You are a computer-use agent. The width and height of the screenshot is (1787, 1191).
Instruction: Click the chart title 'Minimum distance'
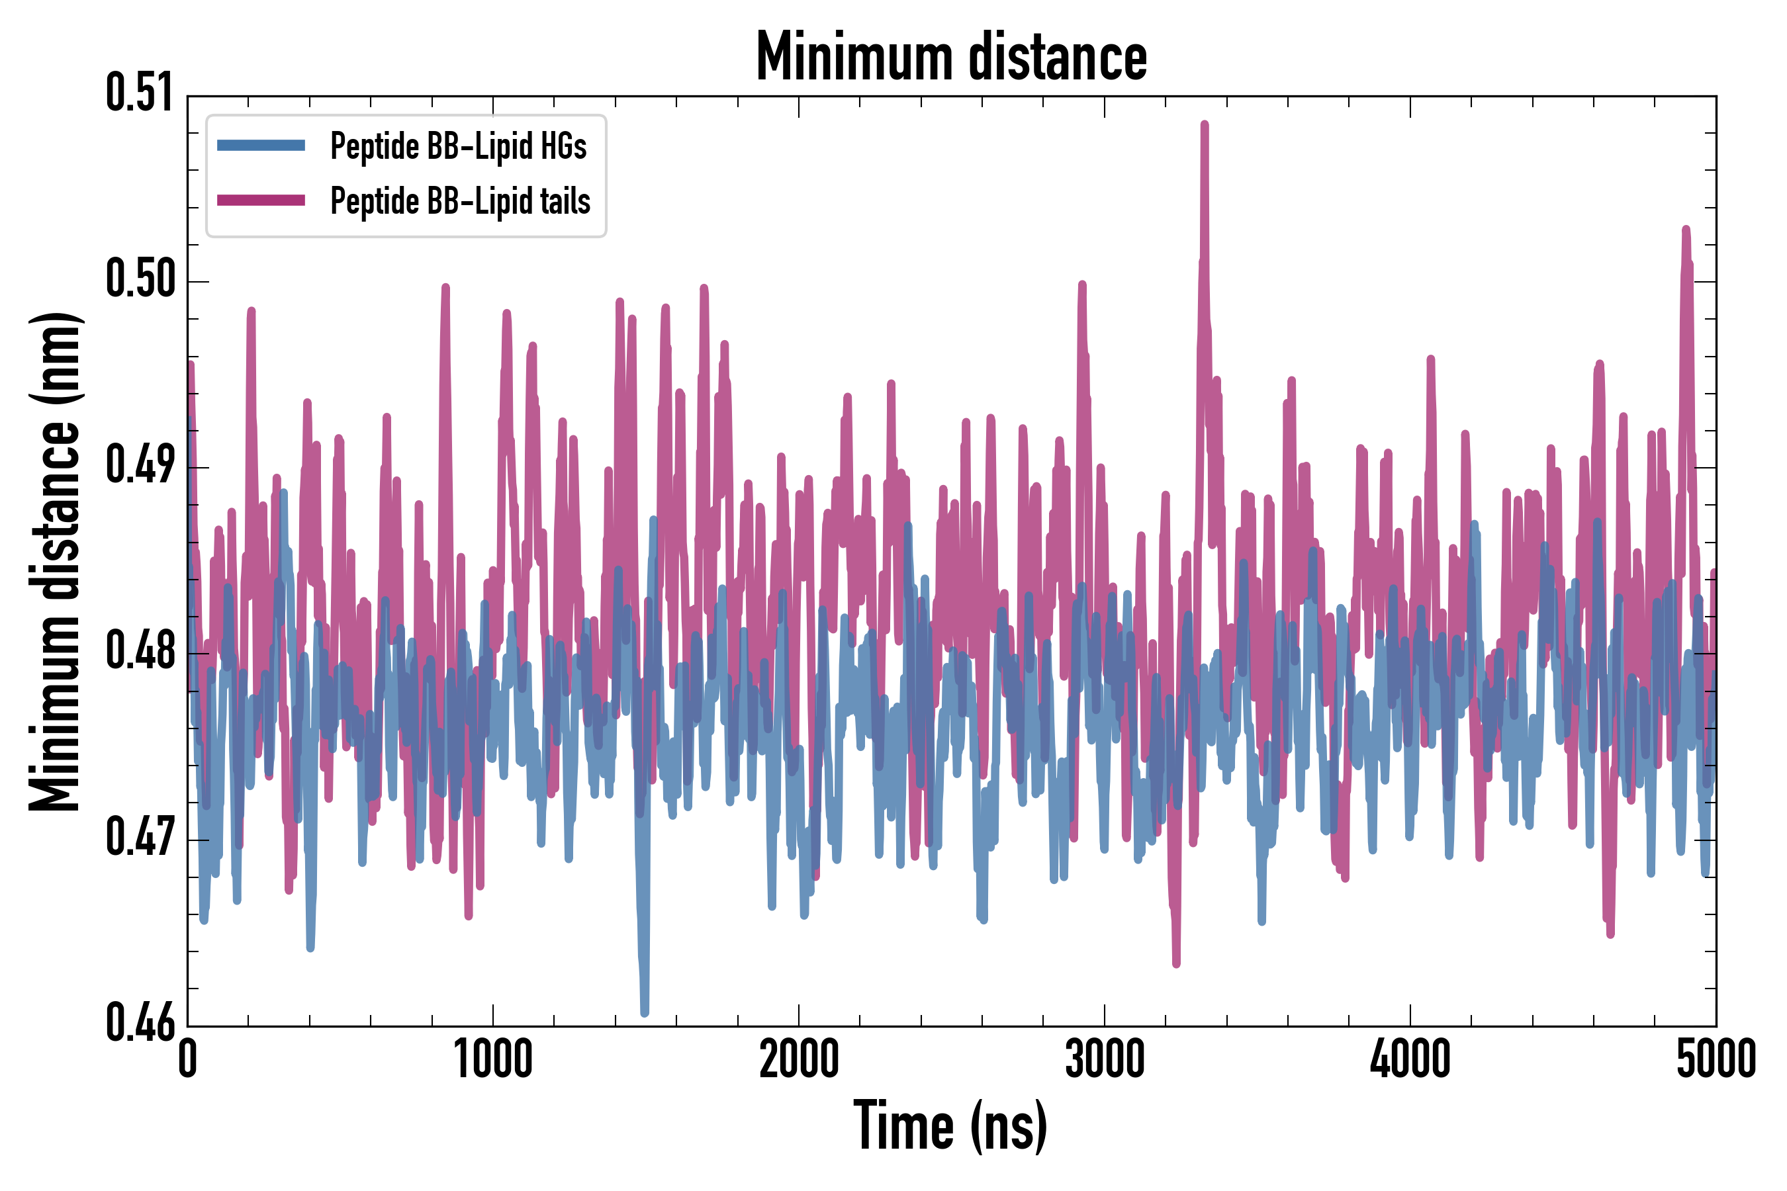coord(951,57)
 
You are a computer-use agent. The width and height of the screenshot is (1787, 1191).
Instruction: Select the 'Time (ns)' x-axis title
coord(950,1125)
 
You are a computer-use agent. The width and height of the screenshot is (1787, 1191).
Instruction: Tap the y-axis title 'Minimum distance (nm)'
coord(55,561)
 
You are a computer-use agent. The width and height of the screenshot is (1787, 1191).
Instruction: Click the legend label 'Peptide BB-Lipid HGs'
coord(458,146)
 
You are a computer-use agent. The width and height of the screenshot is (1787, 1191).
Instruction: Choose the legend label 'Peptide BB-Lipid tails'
coord(460,201)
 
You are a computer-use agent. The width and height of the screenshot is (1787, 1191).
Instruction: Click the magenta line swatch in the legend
coord(261,200)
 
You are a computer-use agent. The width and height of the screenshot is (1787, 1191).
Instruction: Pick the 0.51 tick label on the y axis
coord(139,93)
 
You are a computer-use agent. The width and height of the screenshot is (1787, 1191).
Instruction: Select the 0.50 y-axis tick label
coord(139,279)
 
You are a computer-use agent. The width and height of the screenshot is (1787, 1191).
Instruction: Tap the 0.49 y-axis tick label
coord(139,466)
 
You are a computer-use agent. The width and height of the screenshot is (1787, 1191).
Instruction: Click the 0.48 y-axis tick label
coord(139,652)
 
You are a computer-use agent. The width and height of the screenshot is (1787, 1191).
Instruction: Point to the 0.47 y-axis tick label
coord(139,838)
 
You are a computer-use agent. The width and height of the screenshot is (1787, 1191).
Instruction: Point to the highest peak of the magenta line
coord(1205,124)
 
